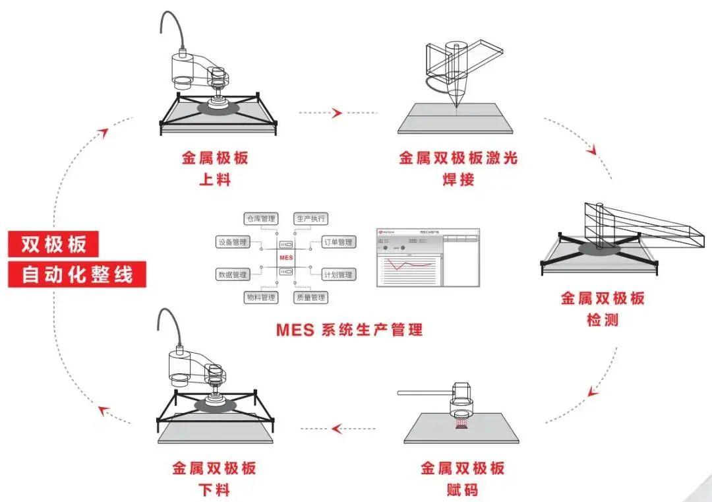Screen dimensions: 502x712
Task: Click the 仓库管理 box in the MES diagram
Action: (260, 218)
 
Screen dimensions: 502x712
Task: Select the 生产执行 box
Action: (311, 218)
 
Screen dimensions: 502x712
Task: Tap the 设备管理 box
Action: (232, 242)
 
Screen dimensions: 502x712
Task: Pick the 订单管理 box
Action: (338, 242)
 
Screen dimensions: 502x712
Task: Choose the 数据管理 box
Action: (232, 274)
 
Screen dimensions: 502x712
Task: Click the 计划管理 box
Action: (338, 274)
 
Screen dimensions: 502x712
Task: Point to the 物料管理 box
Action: (260, 298)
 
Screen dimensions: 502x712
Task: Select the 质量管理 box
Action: (311, 298)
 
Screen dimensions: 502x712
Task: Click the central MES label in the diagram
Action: (285, 257)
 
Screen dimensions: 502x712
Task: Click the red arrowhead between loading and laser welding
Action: (337, 113)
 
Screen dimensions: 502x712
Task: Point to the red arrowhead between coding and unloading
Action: (336, 429)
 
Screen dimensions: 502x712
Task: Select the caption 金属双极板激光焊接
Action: (458, 168)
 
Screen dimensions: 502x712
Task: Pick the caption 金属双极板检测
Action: (603, 309)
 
